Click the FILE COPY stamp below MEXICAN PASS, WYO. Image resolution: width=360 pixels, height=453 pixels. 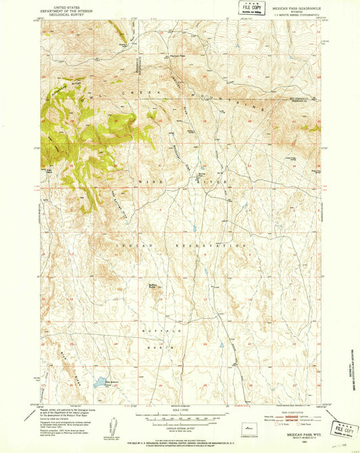344,430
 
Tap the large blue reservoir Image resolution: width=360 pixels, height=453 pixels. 101,381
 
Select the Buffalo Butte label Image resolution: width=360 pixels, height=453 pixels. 154,286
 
